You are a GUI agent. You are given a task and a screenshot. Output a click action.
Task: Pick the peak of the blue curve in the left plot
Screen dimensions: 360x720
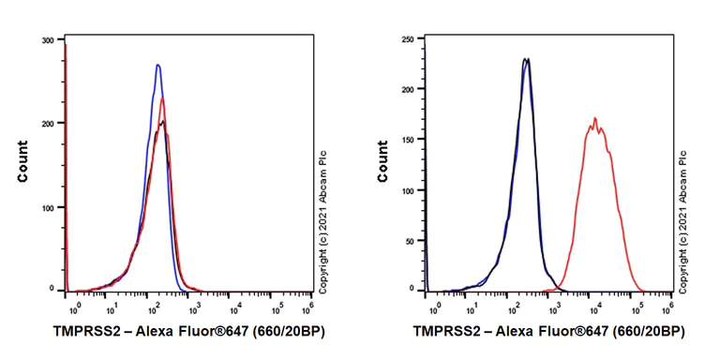tap(157, 65)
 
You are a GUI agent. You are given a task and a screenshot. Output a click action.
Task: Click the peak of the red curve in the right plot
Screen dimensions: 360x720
tap(594, 118)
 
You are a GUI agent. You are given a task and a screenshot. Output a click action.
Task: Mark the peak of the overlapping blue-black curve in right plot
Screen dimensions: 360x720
tap(527, 59)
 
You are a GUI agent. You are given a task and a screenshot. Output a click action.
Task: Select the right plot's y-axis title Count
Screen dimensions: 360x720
tap(382, 161)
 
